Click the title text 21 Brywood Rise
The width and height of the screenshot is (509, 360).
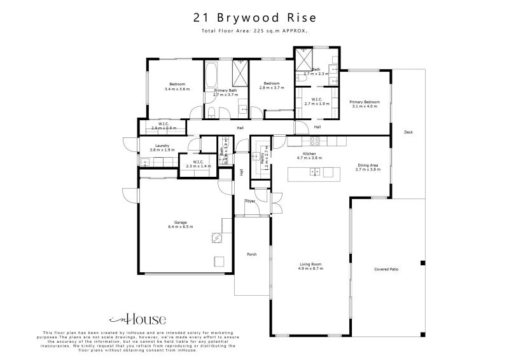tap(254, 18)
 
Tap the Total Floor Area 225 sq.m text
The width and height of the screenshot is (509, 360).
tap(254, 31)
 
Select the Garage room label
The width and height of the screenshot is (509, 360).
tap(180, 223)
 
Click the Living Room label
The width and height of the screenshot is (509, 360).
tap(310, 264)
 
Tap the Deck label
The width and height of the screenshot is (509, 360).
tap(408, 132)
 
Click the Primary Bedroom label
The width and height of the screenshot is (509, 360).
tap(365, 102)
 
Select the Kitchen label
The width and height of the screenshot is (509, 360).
tap(309, 153)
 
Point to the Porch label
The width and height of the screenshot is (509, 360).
tap(252, 254)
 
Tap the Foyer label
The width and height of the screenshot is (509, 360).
tap(251, 201)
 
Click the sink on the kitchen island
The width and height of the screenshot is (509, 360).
tap(314, 172)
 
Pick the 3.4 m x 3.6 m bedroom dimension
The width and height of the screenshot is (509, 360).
tap(177, 89)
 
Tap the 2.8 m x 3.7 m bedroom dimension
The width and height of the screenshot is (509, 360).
tap(272, 88)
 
